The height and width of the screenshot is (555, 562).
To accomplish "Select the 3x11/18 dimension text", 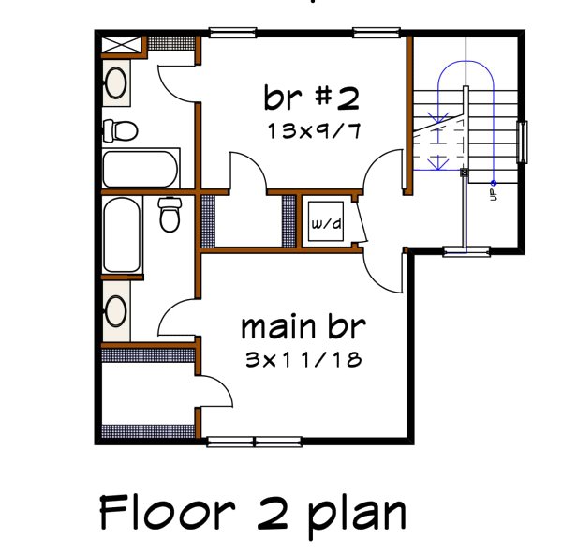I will (x=302, y=359).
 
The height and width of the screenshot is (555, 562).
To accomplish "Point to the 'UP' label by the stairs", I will (x=492, y=194).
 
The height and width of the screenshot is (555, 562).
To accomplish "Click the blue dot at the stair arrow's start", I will (x=493, y=181).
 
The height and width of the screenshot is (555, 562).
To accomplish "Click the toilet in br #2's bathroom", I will (x=120, y=128).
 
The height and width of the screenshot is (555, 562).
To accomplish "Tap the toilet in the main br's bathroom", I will (x=170, y=215).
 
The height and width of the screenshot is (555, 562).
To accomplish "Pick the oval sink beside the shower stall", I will (x=116, y=83).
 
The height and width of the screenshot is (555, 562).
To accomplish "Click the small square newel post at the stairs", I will (x=463, y=173).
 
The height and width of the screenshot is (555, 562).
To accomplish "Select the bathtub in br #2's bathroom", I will (x=140, y=169).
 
